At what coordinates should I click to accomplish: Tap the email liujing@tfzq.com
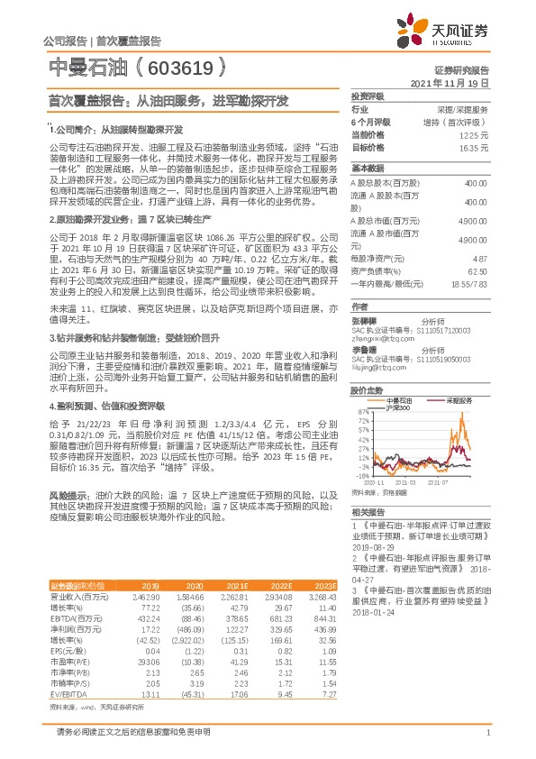click(375, 369)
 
